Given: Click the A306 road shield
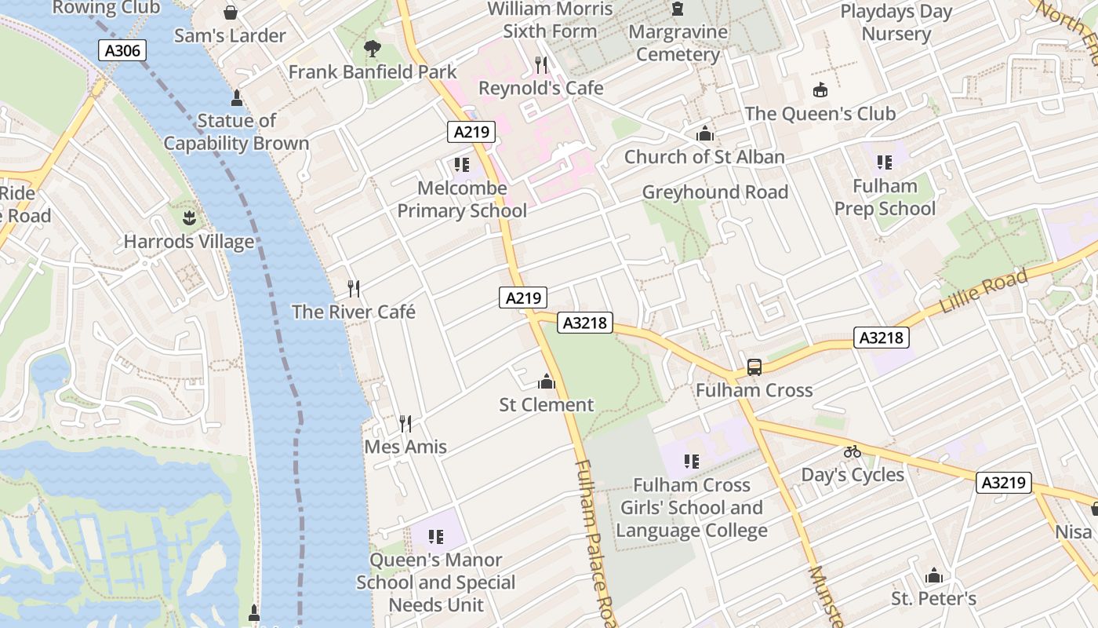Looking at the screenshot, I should (x=124, y=51).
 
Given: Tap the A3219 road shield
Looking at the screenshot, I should (x=1003, y=482).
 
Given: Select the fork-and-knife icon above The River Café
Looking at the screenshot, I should (x=354, y=289).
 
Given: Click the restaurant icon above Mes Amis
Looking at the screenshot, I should (x=405, y=424).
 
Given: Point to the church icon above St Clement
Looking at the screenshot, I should (x=547, y=382).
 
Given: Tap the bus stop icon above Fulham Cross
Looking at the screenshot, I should (x=754, y=367).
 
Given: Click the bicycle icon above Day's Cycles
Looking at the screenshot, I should (x=853, y=451).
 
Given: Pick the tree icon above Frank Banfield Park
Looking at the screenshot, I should (x=373, y=49).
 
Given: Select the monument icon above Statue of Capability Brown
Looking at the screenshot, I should (x=236, y=98).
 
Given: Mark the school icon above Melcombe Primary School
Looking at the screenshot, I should (x=462, y=165).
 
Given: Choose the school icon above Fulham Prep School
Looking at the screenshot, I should (x=885, y=162).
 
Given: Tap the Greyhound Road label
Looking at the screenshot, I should (x=715, y=192).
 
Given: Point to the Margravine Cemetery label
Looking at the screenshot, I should (x=678, y=43).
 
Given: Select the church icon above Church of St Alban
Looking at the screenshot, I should (x=704, y=133).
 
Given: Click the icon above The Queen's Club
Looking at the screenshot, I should (x=820, y=90).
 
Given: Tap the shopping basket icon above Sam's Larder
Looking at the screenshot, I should (x=231, y=13).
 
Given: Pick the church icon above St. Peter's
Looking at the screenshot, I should (x=933, y=576).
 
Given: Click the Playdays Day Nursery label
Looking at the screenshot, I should (x=896, y=23).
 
